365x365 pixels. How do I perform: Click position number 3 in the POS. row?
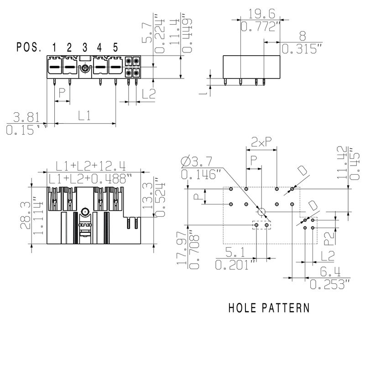click(x=85, y=47)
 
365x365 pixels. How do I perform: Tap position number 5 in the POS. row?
click(x=115, y=47)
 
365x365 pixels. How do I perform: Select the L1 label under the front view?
click(x=84, y=116)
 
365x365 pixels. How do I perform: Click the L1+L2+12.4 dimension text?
click(x=91, y=165)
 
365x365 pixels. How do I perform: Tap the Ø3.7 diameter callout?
click(x=197, y=162)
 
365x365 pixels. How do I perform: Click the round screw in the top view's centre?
click(x=85, y=212)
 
